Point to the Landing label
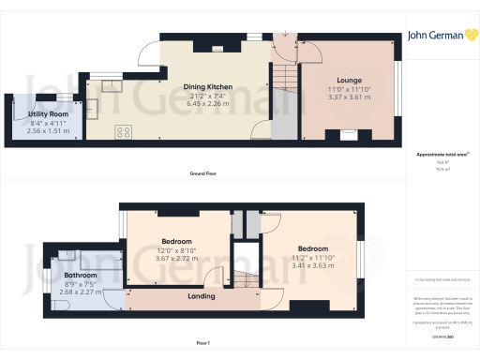click(x=201, y=296)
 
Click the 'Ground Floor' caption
click(x=204, y=174)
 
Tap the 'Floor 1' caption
click(x=204, y=344)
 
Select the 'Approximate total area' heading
click(x=441, y=154)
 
